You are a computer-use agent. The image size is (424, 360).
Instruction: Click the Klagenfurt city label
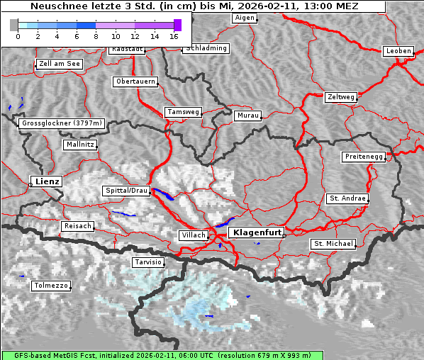pyautogui.click(x=258, y=232)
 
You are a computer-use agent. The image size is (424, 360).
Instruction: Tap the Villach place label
pyautogui.click(x=193, y=235)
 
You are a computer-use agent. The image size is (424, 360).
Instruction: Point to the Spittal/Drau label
pyautogui.click(x=127, y=191)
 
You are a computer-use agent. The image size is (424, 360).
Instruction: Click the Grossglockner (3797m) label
pyautogui.click(x=62, y=123)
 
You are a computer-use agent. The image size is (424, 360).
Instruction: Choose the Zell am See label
pyautogui.click(x=60, y=64)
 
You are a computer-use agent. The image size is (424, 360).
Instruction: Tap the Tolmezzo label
pyautogui.click(x=51, y=286)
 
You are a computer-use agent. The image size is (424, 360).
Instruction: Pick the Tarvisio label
pyautogui.click(x=148, y=262)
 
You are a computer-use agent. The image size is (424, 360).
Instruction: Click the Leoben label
pyautogui.click(x=398, y=51)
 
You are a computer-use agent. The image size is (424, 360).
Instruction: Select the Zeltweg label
pyautogui.click(x=341, y=96)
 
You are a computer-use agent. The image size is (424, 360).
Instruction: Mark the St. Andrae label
pyautogui.click(x=347, y=198)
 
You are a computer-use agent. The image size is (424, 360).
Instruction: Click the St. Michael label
pyautogui.click(x=333, y=244)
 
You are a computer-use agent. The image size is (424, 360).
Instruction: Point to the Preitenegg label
pyautogui.click(x=364, y=157)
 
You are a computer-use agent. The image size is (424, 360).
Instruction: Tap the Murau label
pyautogui.click(x=248, y=115)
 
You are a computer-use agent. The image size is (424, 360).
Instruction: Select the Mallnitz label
pyautogui.click(x=79, y=145)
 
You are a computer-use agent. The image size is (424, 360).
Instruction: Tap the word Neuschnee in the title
pyautogui.click(x=58, y=6)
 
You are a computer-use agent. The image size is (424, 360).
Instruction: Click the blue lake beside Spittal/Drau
pyautogui.click(x=164, y=195)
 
